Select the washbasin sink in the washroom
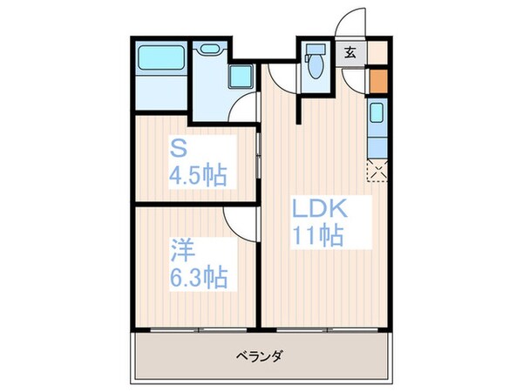coord(209,49)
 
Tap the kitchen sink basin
coord(377,114)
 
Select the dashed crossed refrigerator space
coord(377,169)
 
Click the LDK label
coord(319,209)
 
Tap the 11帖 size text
coord(316,234)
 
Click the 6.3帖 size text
coord(198,278)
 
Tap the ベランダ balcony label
coord(261,356)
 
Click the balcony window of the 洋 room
coord(199,330)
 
